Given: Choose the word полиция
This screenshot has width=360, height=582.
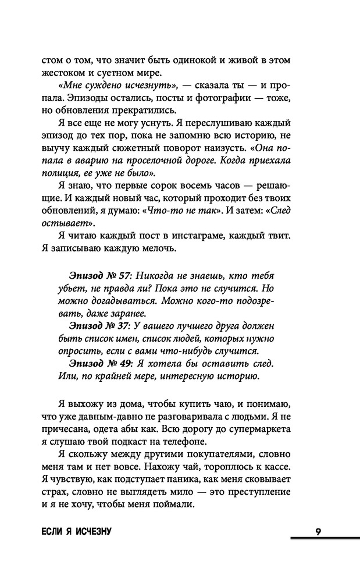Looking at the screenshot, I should point(54,173).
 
